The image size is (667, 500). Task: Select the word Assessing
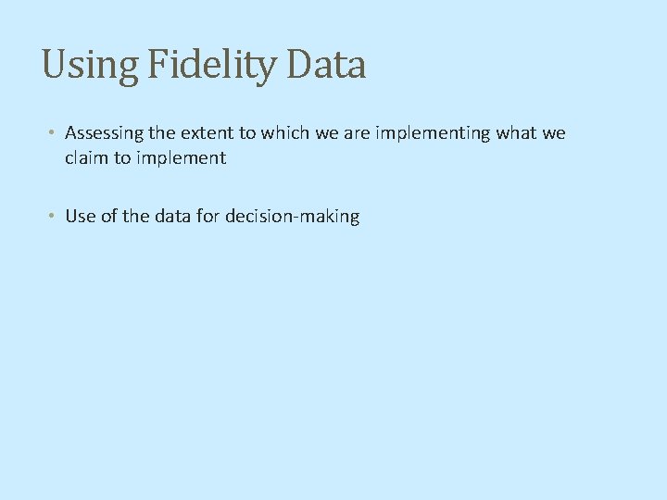102,133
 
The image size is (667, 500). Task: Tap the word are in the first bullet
358,133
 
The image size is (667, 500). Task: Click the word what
517,133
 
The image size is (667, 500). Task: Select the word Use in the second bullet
80,217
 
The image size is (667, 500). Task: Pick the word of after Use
108,217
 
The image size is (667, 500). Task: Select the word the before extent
158,133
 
